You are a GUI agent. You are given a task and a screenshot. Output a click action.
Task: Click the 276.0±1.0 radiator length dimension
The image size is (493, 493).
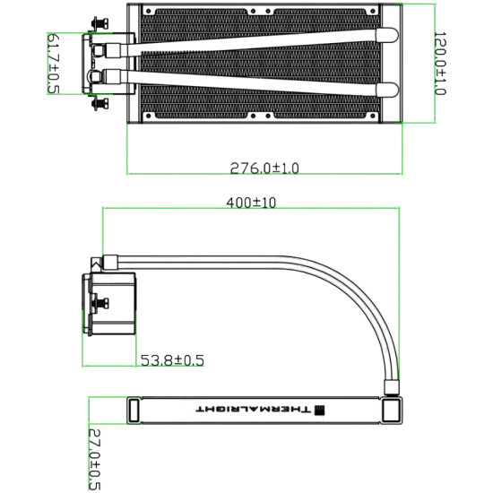pyautogui.click(x=264, y=167)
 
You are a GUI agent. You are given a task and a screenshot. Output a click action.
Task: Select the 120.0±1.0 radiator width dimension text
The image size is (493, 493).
pyautogui.click(x=440, y=65)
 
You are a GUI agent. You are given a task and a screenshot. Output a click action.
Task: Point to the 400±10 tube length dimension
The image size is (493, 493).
pyautogui.click(x=252, y=203)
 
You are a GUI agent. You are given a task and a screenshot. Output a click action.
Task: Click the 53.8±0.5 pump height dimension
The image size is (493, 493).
pyautogui.click(x=172, y=360)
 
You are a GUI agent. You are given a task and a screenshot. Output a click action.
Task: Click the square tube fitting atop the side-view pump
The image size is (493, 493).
pyautogui.click(x=113, y=263)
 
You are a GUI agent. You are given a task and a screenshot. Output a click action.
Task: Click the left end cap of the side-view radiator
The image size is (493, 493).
pyautogui.click(x=134, y=409)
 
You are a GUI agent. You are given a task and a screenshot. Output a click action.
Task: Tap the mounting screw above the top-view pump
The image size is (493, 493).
pyautogui.click(x=99, y=22)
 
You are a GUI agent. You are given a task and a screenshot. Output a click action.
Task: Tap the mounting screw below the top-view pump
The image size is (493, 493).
pyautogui.click(x=99, y=104)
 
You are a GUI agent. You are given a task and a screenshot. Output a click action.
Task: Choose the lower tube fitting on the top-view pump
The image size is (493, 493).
pyautogui.click(x=116, y=79)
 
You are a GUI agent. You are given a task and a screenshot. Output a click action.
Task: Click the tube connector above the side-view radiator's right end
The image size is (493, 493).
pyautogui.click(x=393, y=386)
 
